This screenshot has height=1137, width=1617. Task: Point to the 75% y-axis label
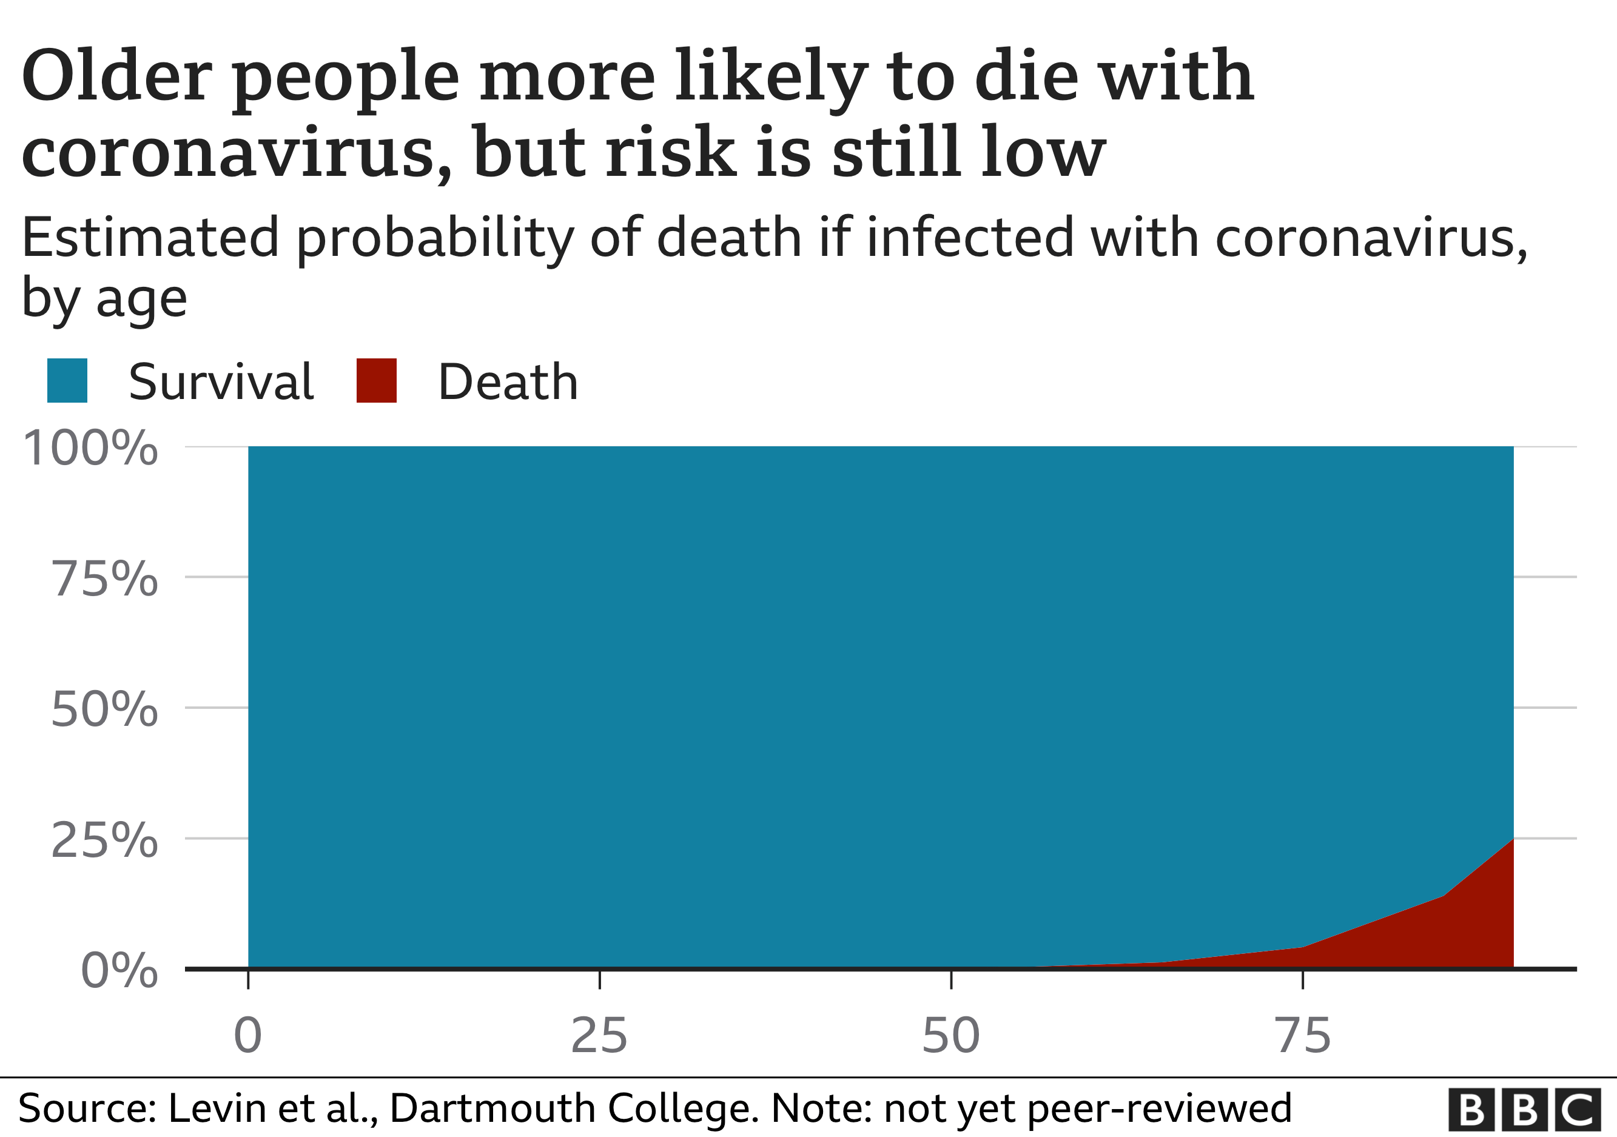pos(104,579)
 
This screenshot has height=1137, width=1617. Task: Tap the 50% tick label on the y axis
pos(104,709)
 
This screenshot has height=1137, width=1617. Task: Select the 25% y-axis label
pos(104,840)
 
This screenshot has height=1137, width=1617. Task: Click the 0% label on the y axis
pos(119,971)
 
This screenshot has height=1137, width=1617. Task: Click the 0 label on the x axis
pos(248,1036)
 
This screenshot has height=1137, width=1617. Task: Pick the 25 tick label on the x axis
pos(599,1036)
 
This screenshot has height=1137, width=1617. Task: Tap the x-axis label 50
pos(951,1036)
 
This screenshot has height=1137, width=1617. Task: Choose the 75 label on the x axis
pos(1303,1036)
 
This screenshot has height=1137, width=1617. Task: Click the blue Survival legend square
pos(67,380)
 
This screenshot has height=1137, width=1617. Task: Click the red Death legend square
pos(376,380)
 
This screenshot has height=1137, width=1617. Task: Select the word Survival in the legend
pos(220,382)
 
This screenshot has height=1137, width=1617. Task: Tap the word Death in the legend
pos(508,382)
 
